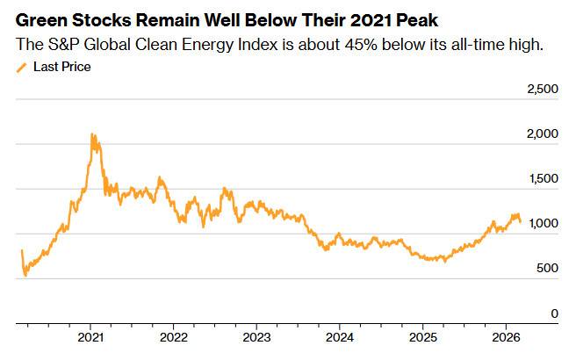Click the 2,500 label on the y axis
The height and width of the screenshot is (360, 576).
click(x=541, y=90)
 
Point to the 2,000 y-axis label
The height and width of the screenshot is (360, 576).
click(x=541, y=134)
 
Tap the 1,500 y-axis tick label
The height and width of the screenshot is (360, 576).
click(x=541, y=179)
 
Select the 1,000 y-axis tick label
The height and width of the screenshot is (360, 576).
click(x=541, y=224)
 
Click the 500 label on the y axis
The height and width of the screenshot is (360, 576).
click(x=546, y=269)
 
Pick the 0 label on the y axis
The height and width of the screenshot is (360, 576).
click(x=554, y=313)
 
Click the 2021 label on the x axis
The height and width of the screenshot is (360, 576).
click(x=91, y=337)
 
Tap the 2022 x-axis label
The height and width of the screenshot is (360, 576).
click(x=174, y=337)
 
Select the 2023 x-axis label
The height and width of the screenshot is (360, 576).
click(x=256, y=337)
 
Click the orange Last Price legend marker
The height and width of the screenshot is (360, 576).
click(x=23, y=66)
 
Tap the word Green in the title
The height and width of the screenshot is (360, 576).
click(x=41, y=19)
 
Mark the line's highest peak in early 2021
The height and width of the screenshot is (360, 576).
click(x=93, y=134)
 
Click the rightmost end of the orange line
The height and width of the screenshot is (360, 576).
click(x=521, y=221)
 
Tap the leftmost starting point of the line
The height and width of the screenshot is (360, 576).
click(x=21, y=251)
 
